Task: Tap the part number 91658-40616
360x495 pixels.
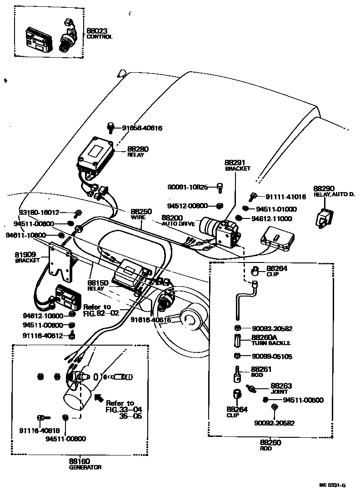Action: tap(142, 128)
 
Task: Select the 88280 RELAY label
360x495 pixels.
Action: tap(138, 151)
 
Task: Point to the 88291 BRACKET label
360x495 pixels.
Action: tap(237, 165)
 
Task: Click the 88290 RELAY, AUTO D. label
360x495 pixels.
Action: tap(333, 191)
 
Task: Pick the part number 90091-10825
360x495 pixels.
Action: tap(188, 187)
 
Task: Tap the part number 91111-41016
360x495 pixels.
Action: tap(285, 197)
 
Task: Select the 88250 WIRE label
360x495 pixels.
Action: tap(141, 214)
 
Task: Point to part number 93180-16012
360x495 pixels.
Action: tap(39, 212)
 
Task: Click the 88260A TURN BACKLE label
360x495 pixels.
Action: tap(270, 340)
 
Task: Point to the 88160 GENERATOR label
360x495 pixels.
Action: tap(85, 464)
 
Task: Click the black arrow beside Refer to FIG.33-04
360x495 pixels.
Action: tap(98, 398)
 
